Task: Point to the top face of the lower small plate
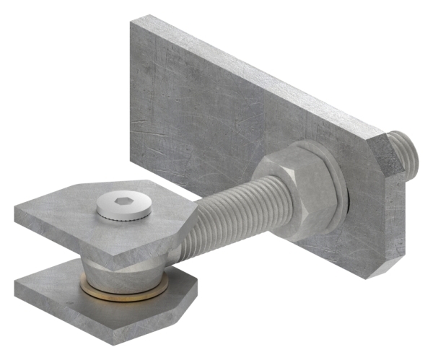tap(65, 296)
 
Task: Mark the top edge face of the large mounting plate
tap(260, 72)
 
